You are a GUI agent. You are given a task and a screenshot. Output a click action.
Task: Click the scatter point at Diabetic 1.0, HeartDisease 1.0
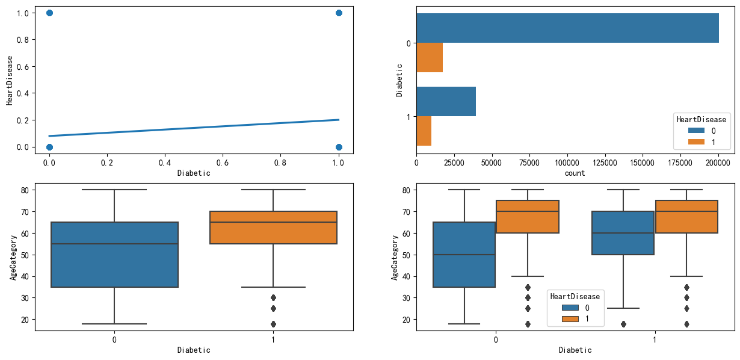[339, 13]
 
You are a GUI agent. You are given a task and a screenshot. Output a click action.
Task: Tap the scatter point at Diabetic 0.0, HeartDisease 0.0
[49, 147]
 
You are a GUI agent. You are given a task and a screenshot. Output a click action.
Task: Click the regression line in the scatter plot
[194, 128]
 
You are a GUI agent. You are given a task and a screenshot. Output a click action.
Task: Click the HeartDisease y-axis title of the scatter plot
[10, 80]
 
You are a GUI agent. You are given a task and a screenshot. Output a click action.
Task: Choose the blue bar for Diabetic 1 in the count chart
[446, 102]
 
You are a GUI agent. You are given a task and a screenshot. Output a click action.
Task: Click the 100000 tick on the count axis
[567, 163]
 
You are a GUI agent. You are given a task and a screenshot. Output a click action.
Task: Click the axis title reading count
[575, 173]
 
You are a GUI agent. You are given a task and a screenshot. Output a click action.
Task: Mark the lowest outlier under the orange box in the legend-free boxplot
[273, 324]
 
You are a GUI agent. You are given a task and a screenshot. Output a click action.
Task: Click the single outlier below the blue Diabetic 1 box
[623, 324]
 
